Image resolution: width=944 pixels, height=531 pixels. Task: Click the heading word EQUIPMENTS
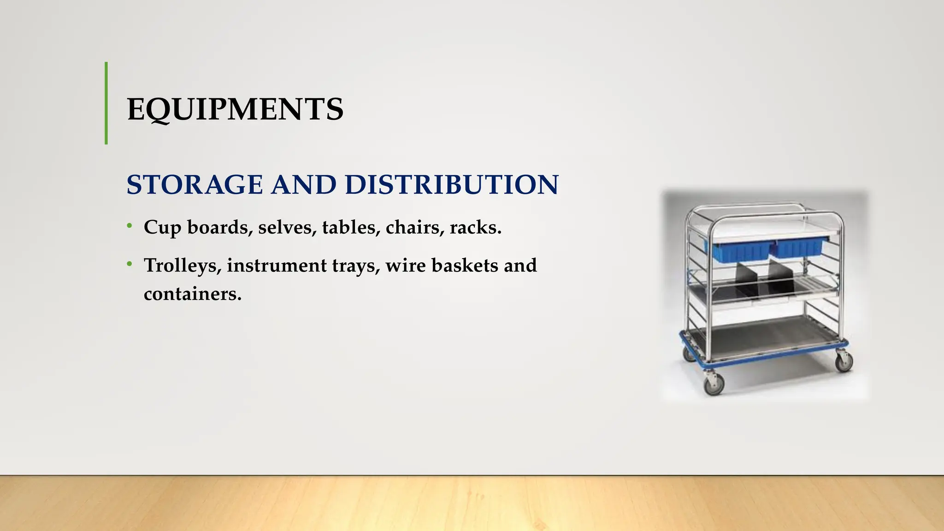235,110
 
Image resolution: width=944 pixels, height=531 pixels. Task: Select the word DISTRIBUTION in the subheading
451,185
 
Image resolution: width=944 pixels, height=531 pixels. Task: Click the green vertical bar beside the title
106,103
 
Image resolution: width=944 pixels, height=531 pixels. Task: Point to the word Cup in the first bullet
162,228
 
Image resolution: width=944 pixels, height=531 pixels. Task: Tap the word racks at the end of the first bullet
475,227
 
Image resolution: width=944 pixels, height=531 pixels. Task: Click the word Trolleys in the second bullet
182,266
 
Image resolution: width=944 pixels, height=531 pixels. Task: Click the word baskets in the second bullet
465,265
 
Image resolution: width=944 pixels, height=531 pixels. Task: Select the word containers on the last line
192,294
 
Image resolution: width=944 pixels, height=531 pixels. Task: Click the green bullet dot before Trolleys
130,264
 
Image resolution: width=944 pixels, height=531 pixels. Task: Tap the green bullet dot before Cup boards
130,226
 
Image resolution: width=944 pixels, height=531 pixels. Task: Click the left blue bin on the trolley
740,251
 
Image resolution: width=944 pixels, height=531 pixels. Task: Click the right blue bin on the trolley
799,247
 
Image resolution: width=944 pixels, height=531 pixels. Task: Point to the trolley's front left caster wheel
714,383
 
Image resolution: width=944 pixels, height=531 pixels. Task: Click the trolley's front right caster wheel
844,361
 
